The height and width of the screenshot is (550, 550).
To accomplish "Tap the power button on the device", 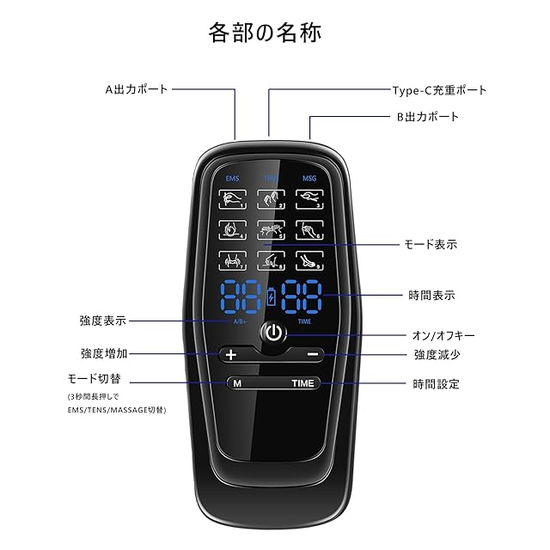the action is click(273, 333).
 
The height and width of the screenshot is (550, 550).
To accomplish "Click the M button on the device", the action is click(235, 383).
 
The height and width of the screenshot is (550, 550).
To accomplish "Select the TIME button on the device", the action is click(303, 383).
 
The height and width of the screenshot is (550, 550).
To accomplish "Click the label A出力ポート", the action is click(137, 89).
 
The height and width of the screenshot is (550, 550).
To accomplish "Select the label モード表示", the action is click(431, 244).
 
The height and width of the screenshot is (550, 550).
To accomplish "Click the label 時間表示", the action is click(431, 295).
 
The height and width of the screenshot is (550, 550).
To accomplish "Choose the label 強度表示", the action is click(102, 321).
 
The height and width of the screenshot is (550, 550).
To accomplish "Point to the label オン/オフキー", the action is click(443, 335).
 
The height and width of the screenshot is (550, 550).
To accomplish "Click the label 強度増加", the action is click(103, 353).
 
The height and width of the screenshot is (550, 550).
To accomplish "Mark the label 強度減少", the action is click(437, 354).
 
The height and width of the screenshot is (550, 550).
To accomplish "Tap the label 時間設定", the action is click(436, 384).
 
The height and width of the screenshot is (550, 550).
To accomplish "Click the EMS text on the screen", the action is click(232, 179).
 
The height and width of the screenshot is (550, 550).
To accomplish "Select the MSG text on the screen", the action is click(309, 179).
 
